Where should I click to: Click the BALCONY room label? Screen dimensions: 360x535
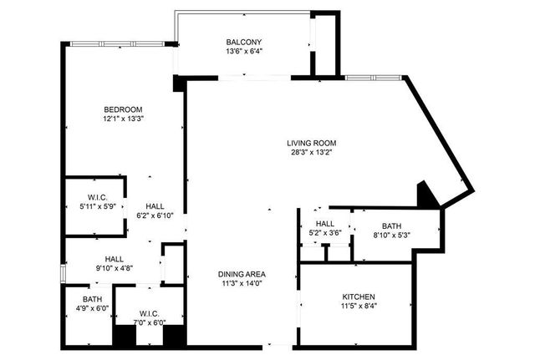pyautogui.click(x=244, y=43)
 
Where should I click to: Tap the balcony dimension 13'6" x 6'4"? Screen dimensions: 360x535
pyautogui.click(x=244, y=52)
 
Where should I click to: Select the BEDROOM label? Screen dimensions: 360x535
pyautogui.click(x=123, y=109)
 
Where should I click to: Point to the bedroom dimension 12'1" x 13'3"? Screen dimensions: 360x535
pyautogui.click(x=123, y=119)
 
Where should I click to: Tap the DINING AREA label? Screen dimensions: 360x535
pyautogui.click(x=242, y=273)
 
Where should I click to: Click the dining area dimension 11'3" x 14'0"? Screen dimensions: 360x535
pyautogui.click(x=242, y=282)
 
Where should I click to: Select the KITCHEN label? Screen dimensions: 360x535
pyautogui.click(x=359, y=297)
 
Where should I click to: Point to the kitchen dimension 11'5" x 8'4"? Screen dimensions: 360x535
pyautogui.click(x=359, y=306)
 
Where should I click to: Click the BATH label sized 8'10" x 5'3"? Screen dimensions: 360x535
pyautogui.click(x=391, y=226)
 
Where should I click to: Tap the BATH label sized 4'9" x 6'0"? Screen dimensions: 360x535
pyautogui.click(x=92, y=299)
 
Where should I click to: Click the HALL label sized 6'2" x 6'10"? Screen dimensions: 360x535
pyautogui.click(x=155, y=206)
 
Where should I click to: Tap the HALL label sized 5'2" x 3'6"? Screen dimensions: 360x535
pyautogui.click(x=324, y=223)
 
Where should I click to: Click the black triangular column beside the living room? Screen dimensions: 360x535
pyautogui.click(x=427, y=195)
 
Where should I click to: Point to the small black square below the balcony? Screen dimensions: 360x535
pyautogui.click(x=178, y=83)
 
